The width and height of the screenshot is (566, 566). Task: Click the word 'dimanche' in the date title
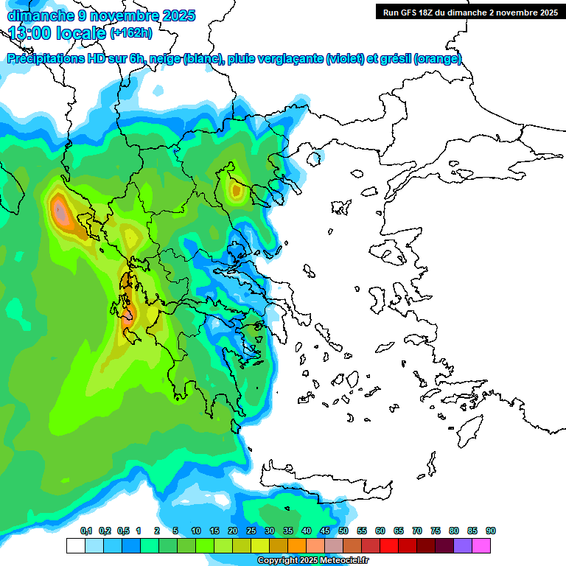pos(35,15)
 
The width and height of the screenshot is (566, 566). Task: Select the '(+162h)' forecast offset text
pos(130,32)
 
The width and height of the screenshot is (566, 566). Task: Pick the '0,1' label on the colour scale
pos(85,531)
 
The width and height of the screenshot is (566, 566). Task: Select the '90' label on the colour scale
pos(490,531)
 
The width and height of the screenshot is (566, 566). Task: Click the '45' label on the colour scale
pos(325,531)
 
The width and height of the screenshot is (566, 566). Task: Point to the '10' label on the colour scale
pos(196,531)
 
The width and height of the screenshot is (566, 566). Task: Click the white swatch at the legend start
pos(75,545)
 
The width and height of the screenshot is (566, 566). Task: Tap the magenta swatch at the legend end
pos(481,545)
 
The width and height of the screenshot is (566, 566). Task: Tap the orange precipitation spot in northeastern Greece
pos(236,191)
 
